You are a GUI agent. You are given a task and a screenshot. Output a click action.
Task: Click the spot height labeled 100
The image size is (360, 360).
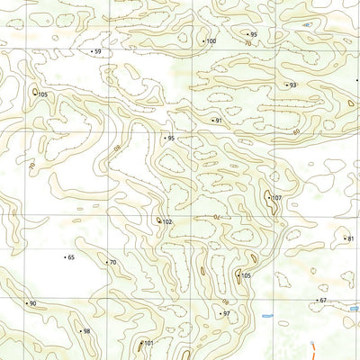pyautogui.click(x=211, y=41)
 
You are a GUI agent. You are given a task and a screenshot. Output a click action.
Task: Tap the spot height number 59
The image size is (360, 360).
pyautogui.click(x=97, y=52)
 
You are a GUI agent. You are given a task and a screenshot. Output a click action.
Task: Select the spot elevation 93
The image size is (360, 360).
pyautogui.click(x=292, y=85)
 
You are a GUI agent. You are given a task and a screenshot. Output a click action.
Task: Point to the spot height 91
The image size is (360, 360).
pyautogui.click(x=218, y=121)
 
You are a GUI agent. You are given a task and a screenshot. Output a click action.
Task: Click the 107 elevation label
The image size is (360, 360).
pyautogui.click(x=276, y=198)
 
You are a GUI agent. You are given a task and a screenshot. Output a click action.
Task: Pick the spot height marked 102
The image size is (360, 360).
pyautogui.click(x=167, y=222)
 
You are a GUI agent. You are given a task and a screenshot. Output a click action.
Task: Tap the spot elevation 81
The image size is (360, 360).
pyautogui.click(x=350, y=238)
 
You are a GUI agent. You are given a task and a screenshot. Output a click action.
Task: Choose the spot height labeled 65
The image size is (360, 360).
pyautogui.click(x=71, y=257)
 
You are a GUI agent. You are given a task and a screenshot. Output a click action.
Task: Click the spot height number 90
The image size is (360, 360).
pyautogui.click(x=33, y=304)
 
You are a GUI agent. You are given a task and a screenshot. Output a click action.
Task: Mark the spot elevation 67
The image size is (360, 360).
pyautogui.click(x=323, y=301)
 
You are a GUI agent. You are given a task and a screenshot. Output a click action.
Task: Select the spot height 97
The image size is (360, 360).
pyautogui.click(x=227, y=314)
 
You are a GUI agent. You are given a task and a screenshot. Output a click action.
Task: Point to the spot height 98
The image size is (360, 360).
pyautogui.click(x=86, y=331)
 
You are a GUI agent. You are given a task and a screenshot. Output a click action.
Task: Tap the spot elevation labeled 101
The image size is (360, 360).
pyautogui.click(x=149, y=344)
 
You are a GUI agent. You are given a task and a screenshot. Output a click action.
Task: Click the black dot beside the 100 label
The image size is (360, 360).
pyautogui.click(x=203, y=41)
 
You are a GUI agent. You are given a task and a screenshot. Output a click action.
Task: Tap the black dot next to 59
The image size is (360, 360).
pyautogui.click(x=90, y=52)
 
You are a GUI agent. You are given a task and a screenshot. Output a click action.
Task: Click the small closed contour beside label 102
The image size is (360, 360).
pyautogui.click(x=159, y=220)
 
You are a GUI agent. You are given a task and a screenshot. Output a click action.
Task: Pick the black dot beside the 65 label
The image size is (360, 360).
pyautogui.click(x=65, y=257)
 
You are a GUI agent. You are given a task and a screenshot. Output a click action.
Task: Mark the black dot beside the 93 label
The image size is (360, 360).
pyautogui.click(x=284, y=85)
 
